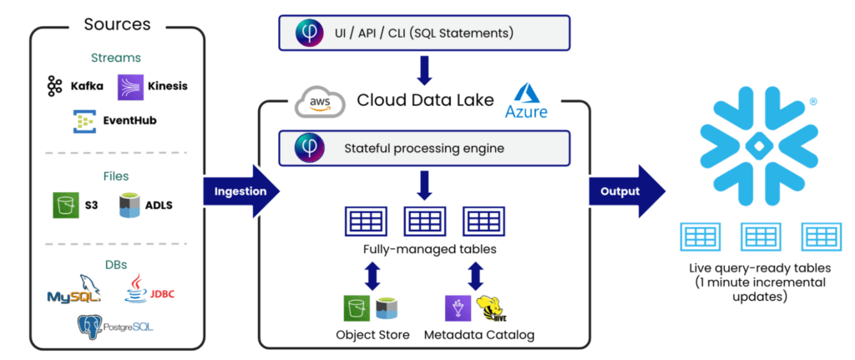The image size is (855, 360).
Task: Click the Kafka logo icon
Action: coord(55,85)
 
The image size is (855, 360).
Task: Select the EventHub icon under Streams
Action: coord(84,120)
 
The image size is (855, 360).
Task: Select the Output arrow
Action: coord(626,191)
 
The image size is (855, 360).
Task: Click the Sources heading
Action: coord(117,23)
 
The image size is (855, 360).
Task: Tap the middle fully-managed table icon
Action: coord(423,221)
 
